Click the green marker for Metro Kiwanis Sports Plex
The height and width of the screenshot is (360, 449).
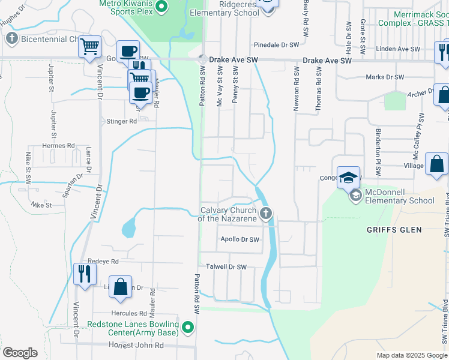coord(160,7)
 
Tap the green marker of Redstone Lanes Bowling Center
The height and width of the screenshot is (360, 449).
coord(188,328)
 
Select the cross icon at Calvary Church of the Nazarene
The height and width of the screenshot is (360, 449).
coord(266,212)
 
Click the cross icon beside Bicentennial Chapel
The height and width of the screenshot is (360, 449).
coord(11,39)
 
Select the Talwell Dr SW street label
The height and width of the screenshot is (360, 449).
coord(226,266)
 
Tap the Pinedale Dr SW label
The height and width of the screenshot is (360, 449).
coord(277,45)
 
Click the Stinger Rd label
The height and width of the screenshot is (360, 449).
coord(121,121)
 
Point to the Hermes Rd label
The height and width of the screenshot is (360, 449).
coord(58,146)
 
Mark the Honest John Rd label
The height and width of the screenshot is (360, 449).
coord(136,346)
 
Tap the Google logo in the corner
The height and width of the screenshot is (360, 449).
coord(20,353)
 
